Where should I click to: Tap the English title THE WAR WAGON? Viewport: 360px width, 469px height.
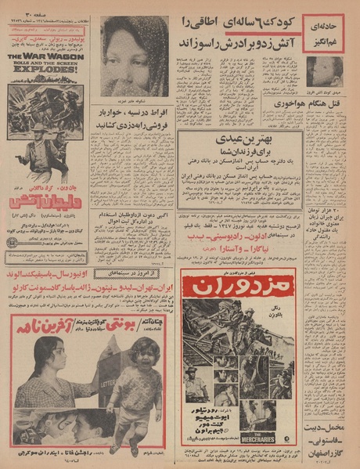tap(45, 58)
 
